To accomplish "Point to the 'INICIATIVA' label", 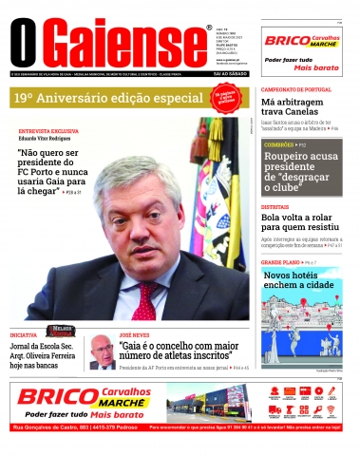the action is click(x=24, y=334).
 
